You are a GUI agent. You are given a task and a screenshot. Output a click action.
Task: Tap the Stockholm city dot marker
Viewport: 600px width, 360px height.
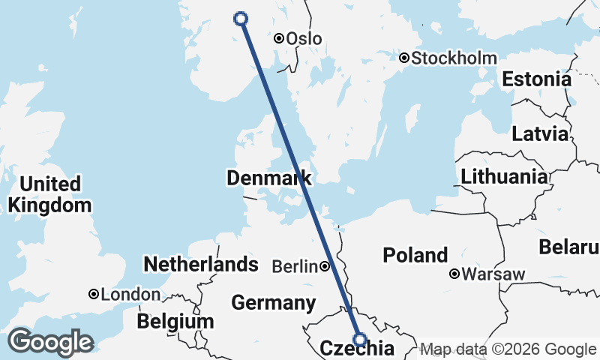pos(403,58)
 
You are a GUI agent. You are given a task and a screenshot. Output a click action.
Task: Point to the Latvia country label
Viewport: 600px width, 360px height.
pos(540,135)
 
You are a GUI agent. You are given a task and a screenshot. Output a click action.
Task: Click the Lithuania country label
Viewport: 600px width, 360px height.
pos(504,177)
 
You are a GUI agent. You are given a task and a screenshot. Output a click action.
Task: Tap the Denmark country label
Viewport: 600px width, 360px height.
pos(268,178)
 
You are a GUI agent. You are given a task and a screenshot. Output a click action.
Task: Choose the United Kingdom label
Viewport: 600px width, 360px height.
pos(49,194)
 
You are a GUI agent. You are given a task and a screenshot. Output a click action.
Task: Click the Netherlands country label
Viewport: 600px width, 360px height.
pos(200,264)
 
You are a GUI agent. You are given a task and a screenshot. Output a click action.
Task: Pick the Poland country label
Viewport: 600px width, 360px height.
pos(415,255)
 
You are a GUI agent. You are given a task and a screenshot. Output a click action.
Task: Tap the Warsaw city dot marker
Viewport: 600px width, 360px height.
pos(454,274)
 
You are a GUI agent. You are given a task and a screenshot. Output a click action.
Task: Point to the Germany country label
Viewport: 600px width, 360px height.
pos(272,303)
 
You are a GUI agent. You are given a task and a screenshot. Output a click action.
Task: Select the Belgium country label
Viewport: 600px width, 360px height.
pos(175,322)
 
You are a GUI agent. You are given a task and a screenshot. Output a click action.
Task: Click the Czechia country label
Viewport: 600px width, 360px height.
pos(357,349)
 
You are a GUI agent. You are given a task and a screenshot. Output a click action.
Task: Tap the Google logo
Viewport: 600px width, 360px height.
pos(50,342)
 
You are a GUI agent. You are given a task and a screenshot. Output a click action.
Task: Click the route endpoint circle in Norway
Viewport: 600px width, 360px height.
pos(241,19)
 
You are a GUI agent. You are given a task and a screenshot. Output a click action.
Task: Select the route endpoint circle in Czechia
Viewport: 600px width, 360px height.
pos(359,339)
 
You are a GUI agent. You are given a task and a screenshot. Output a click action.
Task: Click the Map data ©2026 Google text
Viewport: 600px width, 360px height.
pos(508,349)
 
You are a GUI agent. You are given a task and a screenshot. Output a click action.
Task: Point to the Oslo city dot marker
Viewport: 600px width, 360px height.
pos(278,38)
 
